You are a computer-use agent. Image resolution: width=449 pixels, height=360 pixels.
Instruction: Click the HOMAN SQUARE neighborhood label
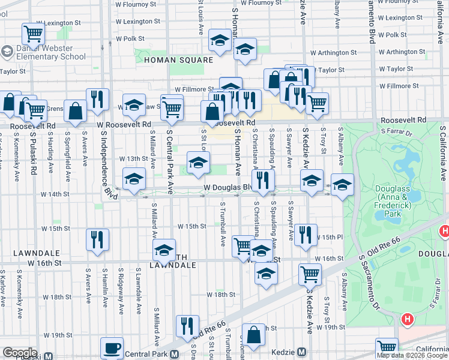178,61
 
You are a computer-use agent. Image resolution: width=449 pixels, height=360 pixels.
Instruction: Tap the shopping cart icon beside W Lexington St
33,34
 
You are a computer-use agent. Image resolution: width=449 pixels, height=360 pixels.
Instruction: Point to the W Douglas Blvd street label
227,188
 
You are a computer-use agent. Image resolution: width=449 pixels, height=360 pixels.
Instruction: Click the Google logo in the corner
20,353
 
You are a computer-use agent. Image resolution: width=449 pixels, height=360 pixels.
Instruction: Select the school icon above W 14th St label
134,178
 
